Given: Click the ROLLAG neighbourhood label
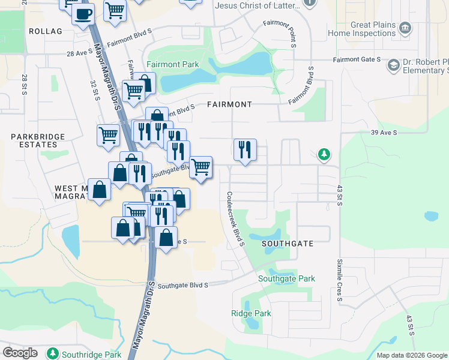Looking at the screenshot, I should tap(45, 31).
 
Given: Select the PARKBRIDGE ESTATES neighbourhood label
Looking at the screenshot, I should tap(38, 141).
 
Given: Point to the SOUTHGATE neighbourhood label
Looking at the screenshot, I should tap(288, 244).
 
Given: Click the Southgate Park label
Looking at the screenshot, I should tap(286, 279).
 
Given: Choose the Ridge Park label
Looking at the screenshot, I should tap(251, 313).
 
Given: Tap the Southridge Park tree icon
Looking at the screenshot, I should tap(53, 353).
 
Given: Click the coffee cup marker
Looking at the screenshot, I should tap(83, 13).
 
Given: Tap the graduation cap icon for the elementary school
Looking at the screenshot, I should tap(394, 65).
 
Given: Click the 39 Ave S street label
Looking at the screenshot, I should tap(384, 133).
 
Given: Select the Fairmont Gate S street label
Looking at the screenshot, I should tap(357, 59).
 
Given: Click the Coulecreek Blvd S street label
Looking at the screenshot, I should tap(235, 218).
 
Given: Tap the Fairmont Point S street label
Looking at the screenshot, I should tap(280, 33).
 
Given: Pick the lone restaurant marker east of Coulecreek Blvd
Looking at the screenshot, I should tap(245, 149).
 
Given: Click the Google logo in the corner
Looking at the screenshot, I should tap(20, 353).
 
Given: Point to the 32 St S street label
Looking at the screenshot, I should tap(94, 91).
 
